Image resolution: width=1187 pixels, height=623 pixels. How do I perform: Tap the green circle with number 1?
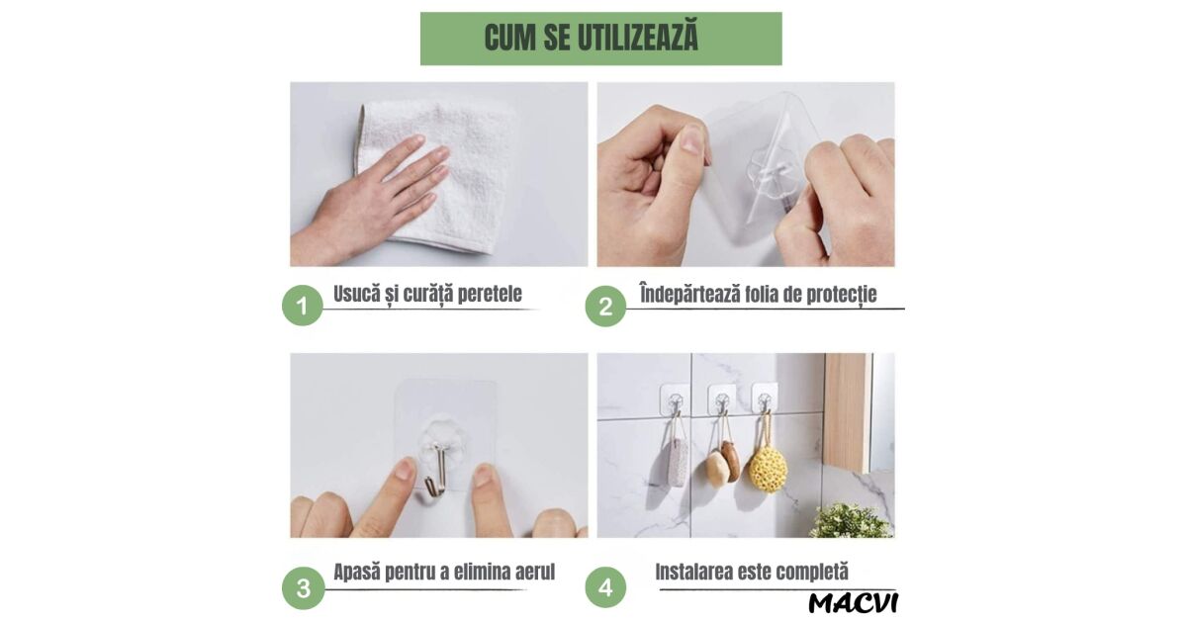coord(303,306)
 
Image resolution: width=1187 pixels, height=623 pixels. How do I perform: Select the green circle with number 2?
coord(605,306)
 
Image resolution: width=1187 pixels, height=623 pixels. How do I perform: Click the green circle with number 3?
coord(303,588)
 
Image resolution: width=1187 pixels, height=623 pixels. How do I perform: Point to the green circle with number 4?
coord(605,587)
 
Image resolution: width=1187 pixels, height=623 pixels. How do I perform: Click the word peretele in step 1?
coord(490,294)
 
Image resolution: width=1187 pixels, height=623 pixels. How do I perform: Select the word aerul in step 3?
coord(535,572)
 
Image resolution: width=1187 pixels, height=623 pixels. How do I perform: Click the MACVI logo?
coord(853,603)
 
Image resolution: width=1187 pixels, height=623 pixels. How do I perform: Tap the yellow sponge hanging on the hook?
coord(768,469)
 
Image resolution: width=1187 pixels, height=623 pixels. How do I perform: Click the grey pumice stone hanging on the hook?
coord(678,461)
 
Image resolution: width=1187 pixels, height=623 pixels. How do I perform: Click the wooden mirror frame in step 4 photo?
coord(848,413)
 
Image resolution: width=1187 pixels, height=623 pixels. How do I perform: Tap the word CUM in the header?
coord(510,37)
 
